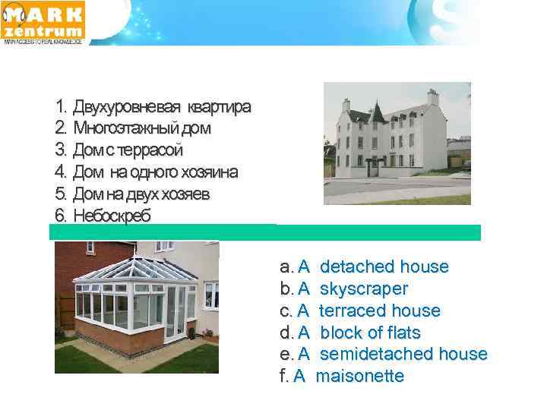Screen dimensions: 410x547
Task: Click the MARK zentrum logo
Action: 44,22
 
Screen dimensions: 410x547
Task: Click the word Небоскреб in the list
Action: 112,216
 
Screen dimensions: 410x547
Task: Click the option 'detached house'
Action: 384,267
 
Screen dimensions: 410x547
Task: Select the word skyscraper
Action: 364,289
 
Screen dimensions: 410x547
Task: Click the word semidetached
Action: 375,354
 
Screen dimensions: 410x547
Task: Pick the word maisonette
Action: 359,376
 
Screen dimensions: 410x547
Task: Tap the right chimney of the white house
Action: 433,96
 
